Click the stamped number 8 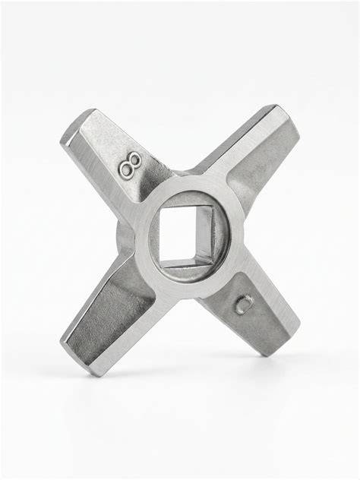click(131, 164)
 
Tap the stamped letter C click(245, 305)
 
